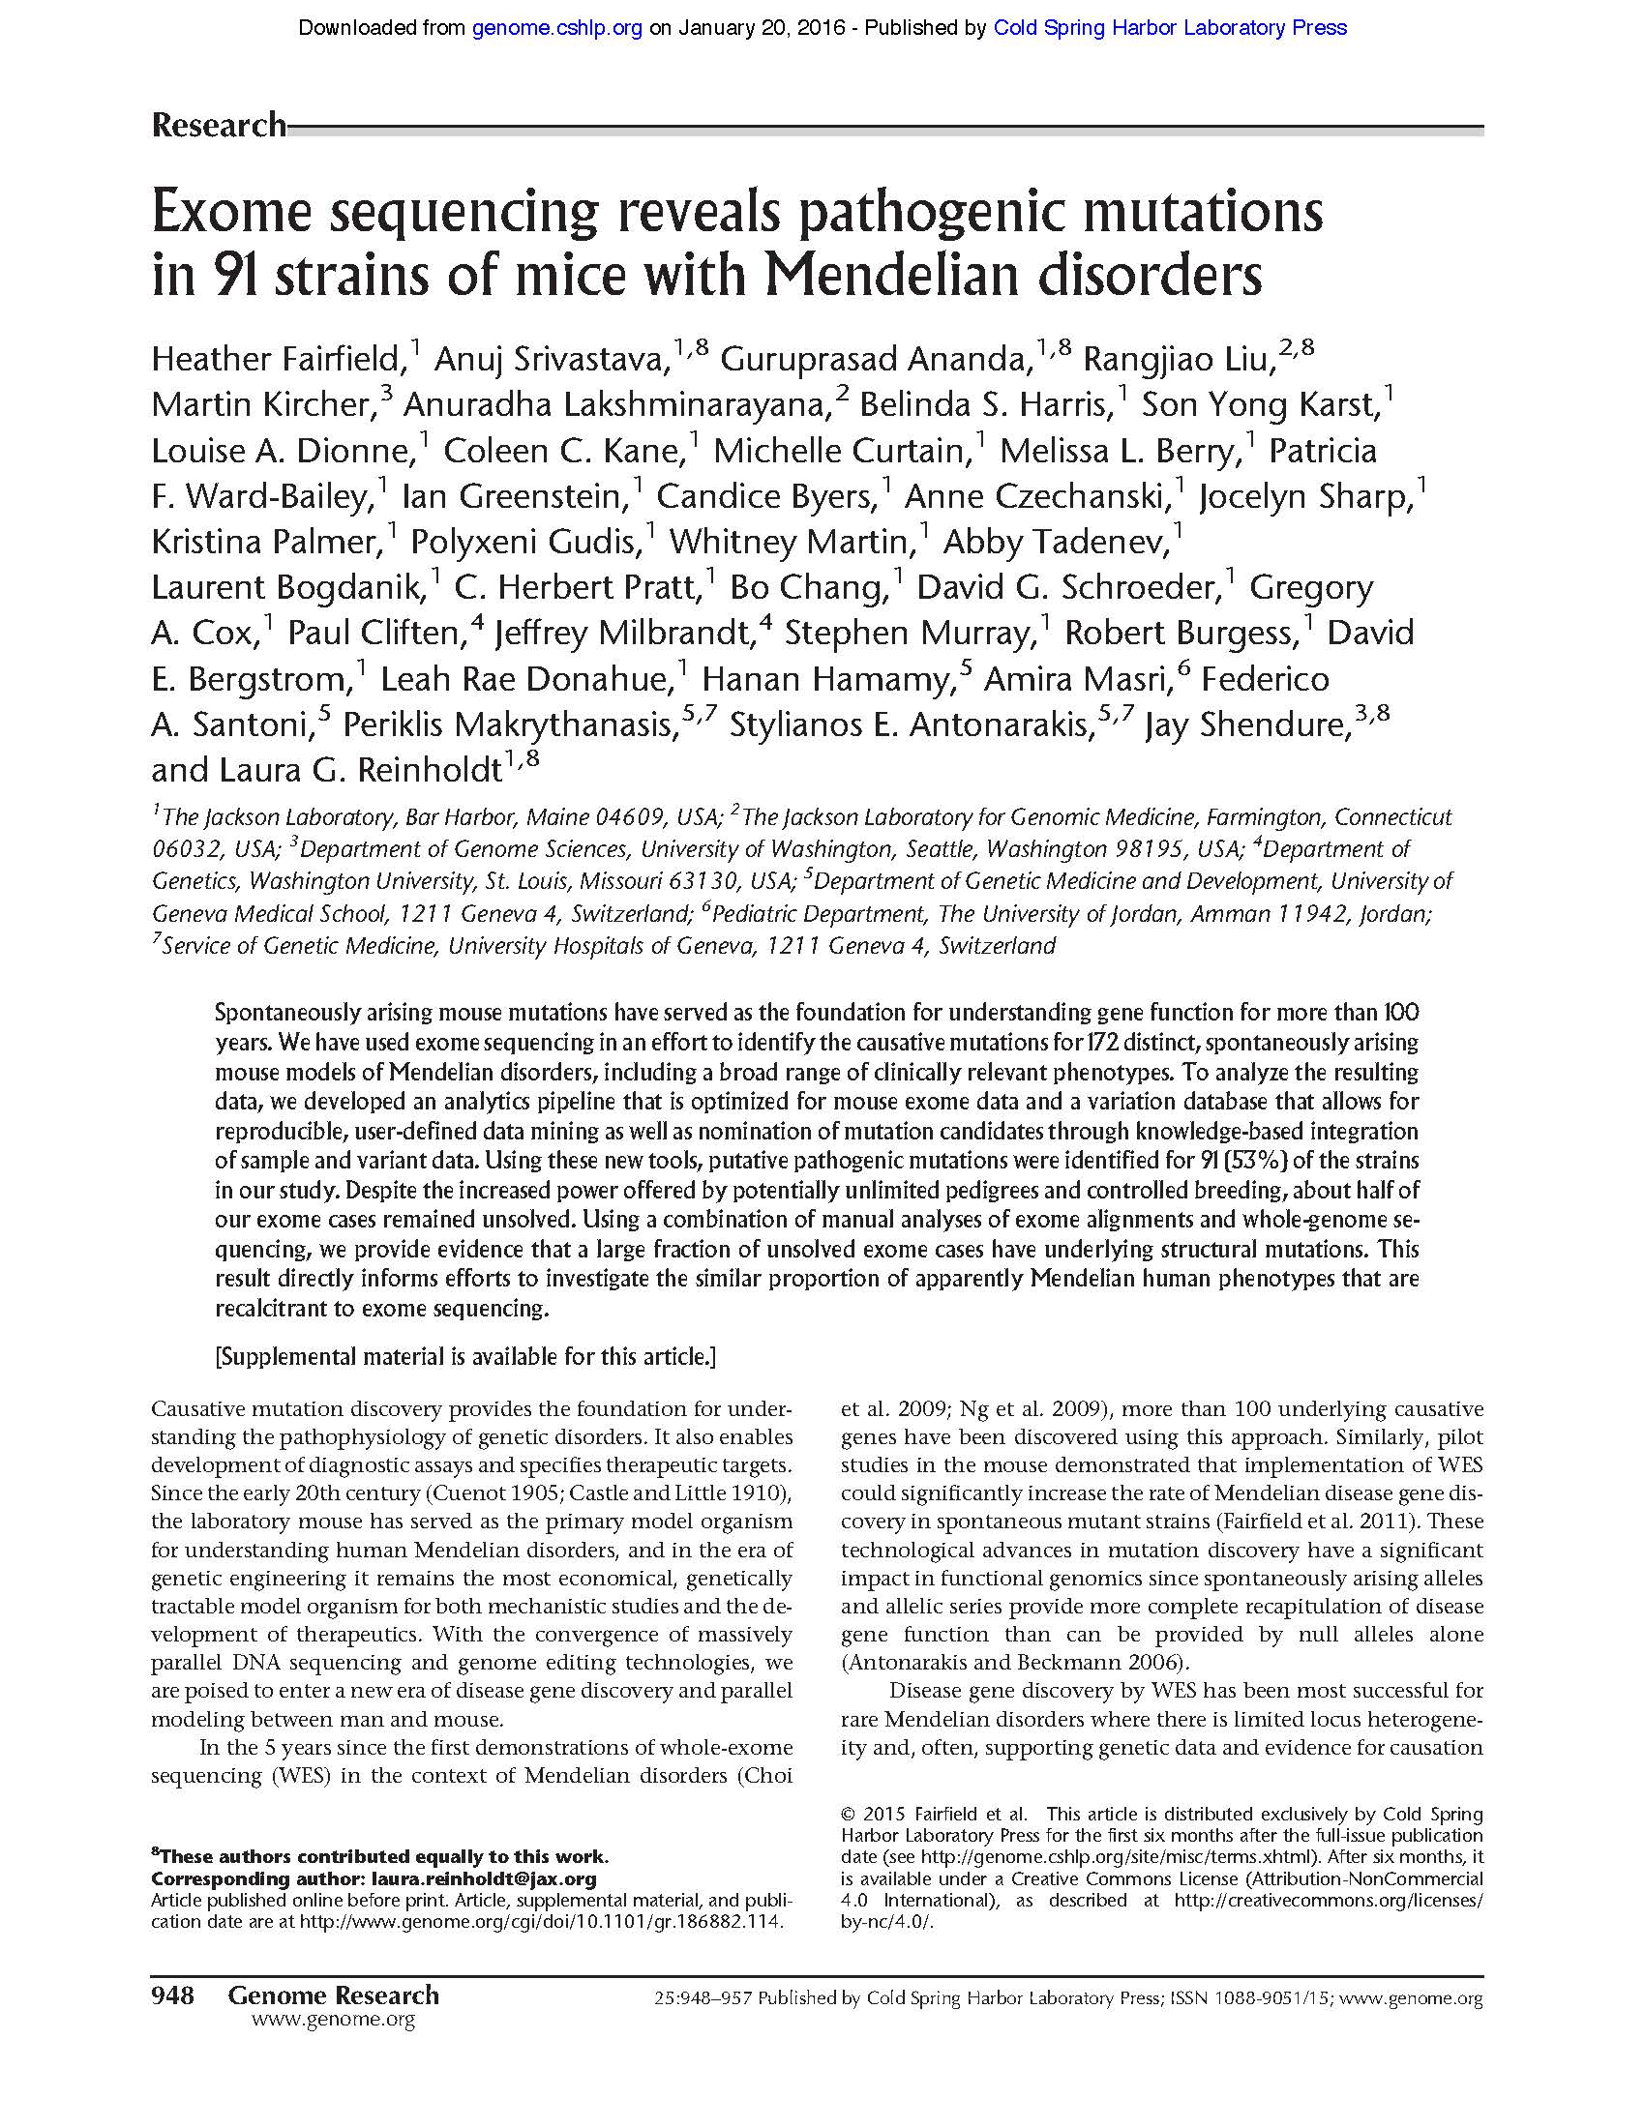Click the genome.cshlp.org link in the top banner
556,28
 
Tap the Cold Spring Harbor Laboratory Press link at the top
1170,28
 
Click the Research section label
219,125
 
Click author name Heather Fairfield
278,361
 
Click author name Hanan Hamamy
825,679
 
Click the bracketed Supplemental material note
465,1356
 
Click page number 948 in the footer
173,1996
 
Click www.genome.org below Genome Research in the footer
333,2020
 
